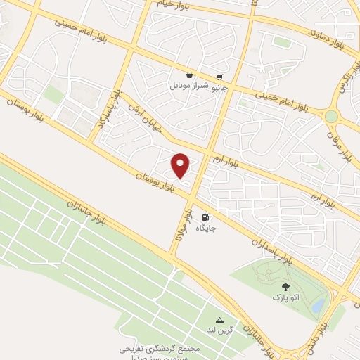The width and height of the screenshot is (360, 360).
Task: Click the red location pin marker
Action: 181,165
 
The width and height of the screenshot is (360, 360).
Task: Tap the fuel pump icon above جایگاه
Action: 206,218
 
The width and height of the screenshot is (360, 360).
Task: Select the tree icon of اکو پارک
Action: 285,287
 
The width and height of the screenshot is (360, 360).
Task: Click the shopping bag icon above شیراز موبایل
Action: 189,75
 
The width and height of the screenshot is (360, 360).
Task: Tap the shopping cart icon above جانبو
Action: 220,77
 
